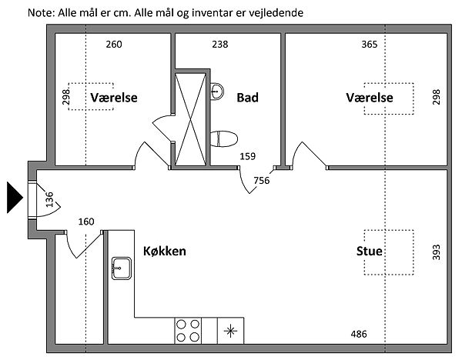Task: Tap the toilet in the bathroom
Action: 226,138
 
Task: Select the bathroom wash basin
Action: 218,90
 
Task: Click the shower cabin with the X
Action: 191,118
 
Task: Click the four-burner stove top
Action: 189,329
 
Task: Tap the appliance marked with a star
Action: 229,330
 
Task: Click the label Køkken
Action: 165,252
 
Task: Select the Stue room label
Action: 370,252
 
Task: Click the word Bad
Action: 247,98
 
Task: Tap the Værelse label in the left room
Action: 113,98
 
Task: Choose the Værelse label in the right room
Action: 370,98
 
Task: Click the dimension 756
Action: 262,182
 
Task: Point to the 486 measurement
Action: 359,334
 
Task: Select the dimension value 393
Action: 436,252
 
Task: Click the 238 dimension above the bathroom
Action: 220,44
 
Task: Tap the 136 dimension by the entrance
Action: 50,200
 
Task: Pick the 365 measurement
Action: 369,44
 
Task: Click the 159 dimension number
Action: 247,157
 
